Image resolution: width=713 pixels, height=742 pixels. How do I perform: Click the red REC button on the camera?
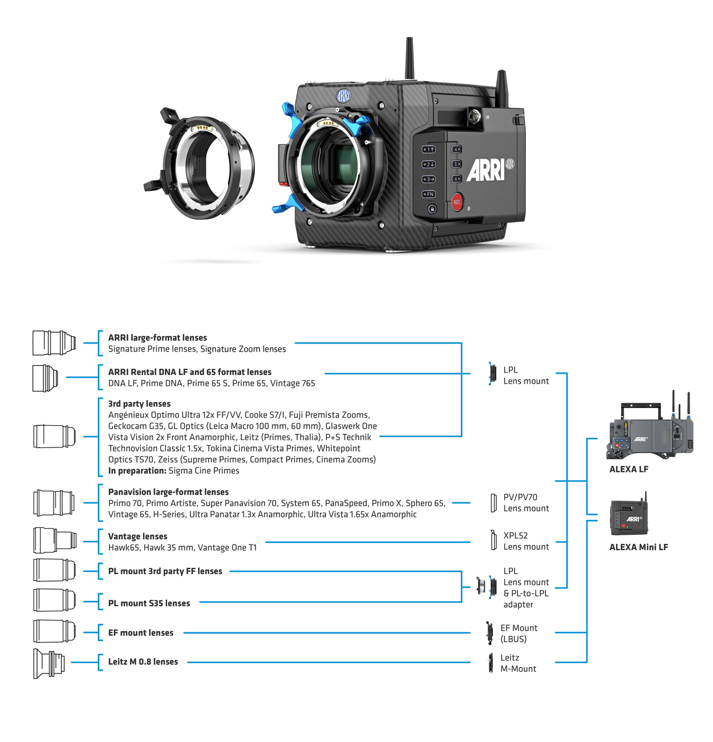[x=457, y=202]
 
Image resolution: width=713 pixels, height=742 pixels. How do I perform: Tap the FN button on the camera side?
[x=428, y=194]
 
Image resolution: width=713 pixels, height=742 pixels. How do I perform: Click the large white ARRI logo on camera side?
[x=485, y=170]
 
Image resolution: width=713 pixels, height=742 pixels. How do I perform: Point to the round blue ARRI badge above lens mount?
[x=343, y=95]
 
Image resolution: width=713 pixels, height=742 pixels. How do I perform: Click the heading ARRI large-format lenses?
[x=157, y=338]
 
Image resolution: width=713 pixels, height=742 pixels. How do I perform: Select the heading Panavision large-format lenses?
[x=168, y=492]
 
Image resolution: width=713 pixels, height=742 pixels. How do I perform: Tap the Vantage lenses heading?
[x=137, y=537]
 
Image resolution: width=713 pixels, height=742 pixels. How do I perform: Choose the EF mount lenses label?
[x=141, y=633]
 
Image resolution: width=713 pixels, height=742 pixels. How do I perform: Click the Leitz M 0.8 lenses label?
[x=143, y=662]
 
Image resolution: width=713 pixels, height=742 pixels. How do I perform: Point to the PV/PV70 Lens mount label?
[x=525, y=503]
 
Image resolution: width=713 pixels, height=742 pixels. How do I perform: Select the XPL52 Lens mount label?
[x=525, y=541]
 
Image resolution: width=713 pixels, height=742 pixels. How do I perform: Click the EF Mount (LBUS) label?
[x=518, y=634]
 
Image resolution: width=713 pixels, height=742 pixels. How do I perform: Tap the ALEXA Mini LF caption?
[x=638, y=547]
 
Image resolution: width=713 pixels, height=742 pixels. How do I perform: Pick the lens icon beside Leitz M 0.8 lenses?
[x=49, y=663]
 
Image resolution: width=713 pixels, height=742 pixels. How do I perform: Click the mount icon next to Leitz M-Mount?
[x=490, y=663]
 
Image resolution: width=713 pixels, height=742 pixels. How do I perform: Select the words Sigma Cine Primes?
[x=204, y=471]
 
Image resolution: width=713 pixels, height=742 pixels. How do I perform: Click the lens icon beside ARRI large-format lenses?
[x=54, y=342]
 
